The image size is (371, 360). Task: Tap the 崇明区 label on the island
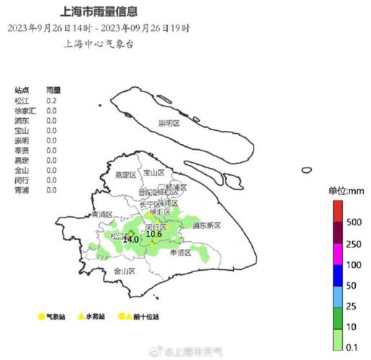click(172, 124)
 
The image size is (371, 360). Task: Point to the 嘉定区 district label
click(125, 174)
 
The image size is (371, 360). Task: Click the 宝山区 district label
click(154, 173)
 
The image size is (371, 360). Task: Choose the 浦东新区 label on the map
click(207, 225)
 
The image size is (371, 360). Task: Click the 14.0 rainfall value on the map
click(130, 239)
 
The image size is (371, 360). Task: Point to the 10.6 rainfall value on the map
click(153, 234)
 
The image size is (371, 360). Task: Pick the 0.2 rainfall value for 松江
click(52, 100)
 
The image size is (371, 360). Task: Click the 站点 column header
click(22, 90)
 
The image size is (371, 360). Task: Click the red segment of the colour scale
click(337, 212)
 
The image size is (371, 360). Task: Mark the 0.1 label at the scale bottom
click(353, 348)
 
